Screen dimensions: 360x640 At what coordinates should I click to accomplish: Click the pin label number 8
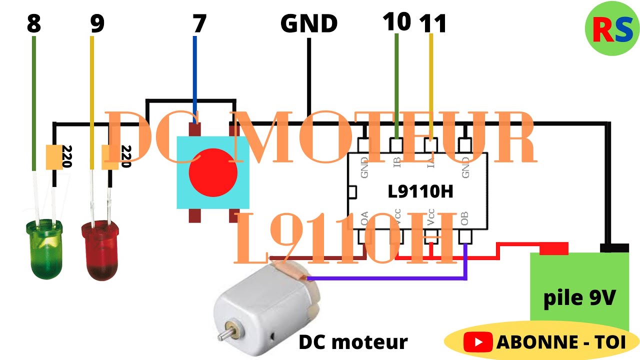click(33, 24)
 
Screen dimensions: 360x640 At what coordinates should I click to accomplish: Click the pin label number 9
click(97, 24)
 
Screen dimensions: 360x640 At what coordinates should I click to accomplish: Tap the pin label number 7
click(199, 24)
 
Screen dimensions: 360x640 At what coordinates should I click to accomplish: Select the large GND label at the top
click(309, 24)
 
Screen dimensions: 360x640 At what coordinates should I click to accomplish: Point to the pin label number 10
click(397, 22)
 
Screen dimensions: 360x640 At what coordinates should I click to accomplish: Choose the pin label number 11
click(432, 24)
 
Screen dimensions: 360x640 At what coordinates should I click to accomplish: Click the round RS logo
click(611, 28)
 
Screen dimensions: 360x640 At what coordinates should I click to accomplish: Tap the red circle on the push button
click(213, 172)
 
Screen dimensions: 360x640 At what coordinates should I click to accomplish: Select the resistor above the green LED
click(54, 157)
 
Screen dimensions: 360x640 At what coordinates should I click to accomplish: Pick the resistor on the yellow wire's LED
click(109, 157)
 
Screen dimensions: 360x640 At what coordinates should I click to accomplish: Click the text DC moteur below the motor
click(353, 342)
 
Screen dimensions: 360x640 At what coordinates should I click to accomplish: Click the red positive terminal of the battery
click(553, 248)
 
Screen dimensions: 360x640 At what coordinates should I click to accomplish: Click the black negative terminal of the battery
click(613, 248)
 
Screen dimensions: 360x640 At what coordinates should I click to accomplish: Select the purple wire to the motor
click(390, 277)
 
